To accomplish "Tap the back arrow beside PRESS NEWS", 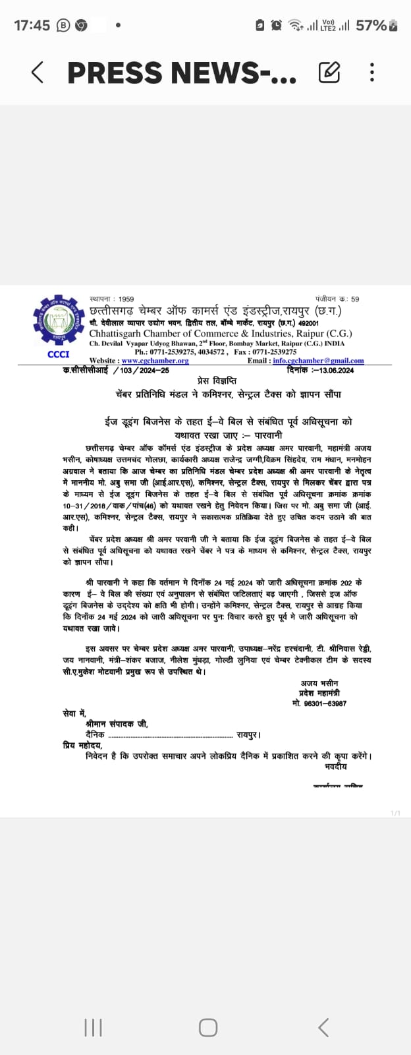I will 38,73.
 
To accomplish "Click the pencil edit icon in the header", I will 329,72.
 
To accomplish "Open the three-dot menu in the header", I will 372,72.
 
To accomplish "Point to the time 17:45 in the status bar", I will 32,26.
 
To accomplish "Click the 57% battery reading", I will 371,26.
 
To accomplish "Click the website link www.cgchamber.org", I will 155,361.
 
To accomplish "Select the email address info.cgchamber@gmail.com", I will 318,361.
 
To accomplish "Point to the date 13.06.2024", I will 333,371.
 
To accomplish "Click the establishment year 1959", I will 126,299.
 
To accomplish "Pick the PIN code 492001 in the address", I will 308,324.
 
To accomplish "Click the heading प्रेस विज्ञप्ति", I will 217,381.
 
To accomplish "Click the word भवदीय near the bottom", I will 335,767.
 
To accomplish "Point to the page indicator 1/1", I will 395,813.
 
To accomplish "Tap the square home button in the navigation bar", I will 208,1027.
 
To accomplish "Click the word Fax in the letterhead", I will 241,352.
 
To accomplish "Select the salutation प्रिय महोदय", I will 83,745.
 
